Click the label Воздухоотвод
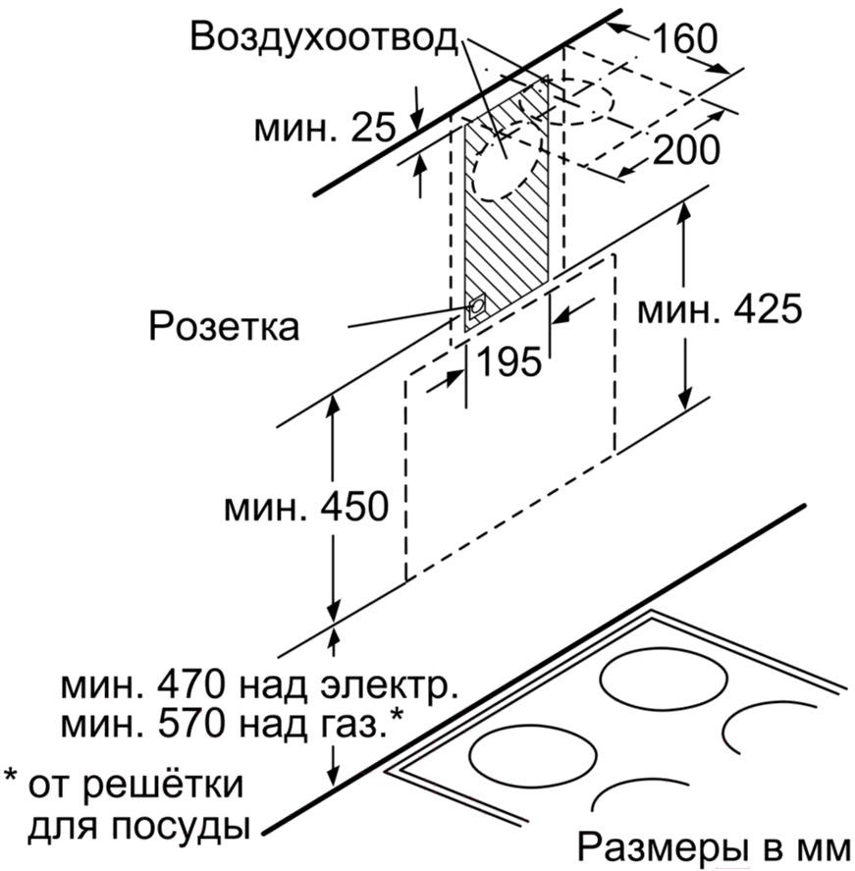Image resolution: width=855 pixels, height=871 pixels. click(x=325, y=38)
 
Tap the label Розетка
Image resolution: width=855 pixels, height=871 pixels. click(x=224, y=326)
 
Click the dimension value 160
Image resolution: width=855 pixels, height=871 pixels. click(x=685, y=39)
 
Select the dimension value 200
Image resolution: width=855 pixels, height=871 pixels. click(x=686, y=149)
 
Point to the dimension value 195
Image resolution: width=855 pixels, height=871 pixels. click(x=509, y=361)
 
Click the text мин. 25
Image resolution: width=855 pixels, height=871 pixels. click(x=325, y=128)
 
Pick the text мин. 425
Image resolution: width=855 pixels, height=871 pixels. click(x=720, y=309)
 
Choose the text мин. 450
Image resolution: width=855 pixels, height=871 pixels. click(x=306, y=507)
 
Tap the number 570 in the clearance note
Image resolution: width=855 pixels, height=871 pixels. click(x=191, y=724)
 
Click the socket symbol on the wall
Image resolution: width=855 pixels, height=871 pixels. click(x=476, y=307)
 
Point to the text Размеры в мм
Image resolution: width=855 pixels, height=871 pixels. click(x=714, y=848)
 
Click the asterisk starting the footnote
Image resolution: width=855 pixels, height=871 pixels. click(x=12, y=776)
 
